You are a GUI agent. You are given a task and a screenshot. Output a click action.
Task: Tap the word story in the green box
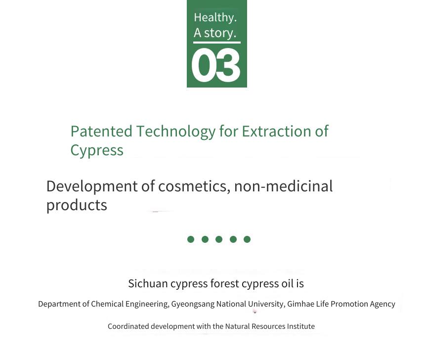tap(220, 33)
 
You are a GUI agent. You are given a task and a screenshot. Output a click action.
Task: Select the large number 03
tap(216, 65)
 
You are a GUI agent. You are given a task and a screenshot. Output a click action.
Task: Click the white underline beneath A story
tap(217, 43)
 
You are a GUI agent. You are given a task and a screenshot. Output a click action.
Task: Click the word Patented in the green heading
tap(101, 132)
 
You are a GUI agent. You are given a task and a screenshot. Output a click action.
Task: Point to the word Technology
tap(176, 132)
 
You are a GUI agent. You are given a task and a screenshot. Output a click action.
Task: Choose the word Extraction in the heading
tap(276, 132)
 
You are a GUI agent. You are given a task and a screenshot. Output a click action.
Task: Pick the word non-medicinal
tap(283, 186)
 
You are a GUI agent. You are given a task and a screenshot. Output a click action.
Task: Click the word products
tap(77, 205)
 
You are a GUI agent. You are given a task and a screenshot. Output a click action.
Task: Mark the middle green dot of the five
tap(219, 239)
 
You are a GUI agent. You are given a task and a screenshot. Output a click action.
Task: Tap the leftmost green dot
tap(191, 239)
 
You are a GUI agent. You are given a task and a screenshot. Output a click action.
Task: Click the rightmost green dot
tap(247, 239)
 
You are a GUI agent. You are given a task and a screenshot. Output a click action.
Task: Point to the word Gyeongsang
tap(193, 304)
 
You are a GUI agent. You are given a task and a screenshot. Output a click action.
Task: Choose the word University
tap(266, 304)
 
